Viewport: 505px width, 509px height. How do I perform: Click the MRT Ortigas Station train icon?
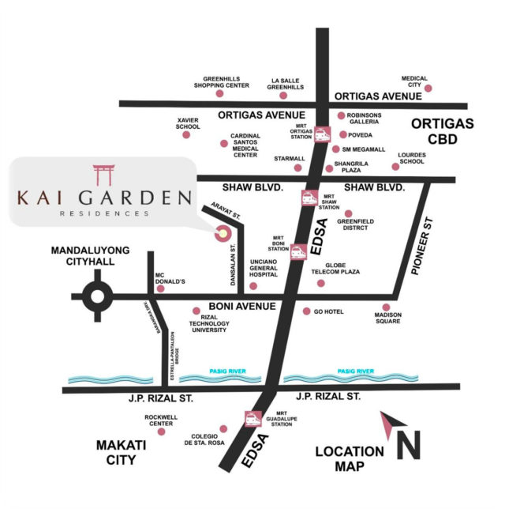322,134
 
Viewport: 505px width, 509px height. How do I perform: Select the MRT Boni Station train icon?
297,252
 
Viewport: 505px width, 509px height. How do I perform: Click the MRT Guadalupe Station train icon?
253,419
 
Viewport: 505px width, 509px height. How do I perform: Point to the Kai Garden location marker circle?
223,233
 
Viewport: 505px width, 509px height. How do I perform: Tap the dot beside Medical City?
428,89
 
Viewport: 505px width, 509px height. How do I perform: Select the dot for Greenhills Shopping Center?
219,93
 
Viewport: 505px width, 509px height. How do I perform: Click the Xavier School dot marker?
186,135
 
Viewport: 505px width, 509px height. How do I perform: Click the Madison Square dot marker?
387,307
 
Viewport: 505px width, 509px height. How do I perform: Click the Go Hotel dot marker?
307,311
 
